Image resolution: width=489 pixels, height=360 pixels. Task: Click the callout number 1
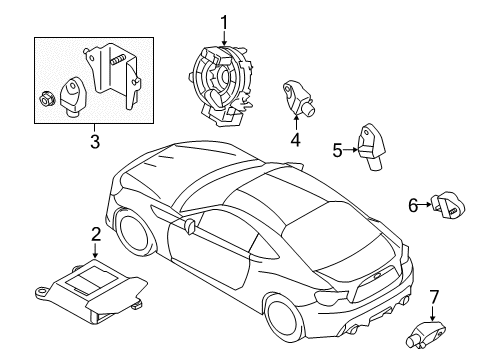pyautogui.click(x=225, y=21)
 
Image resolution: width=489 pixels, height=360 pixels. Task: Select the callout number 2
pyautogui.click(x=96, y=235)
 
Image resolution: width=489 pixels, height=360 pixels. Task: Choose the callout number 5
pyautogui.click(x=338, y=151)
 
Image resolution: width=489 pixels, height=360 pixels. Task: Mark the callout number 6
pyautogui.click(x=411, y=205)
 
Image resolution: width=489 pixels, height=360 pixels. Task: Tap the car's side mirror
pyautogui.click(x=187, y=229)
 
